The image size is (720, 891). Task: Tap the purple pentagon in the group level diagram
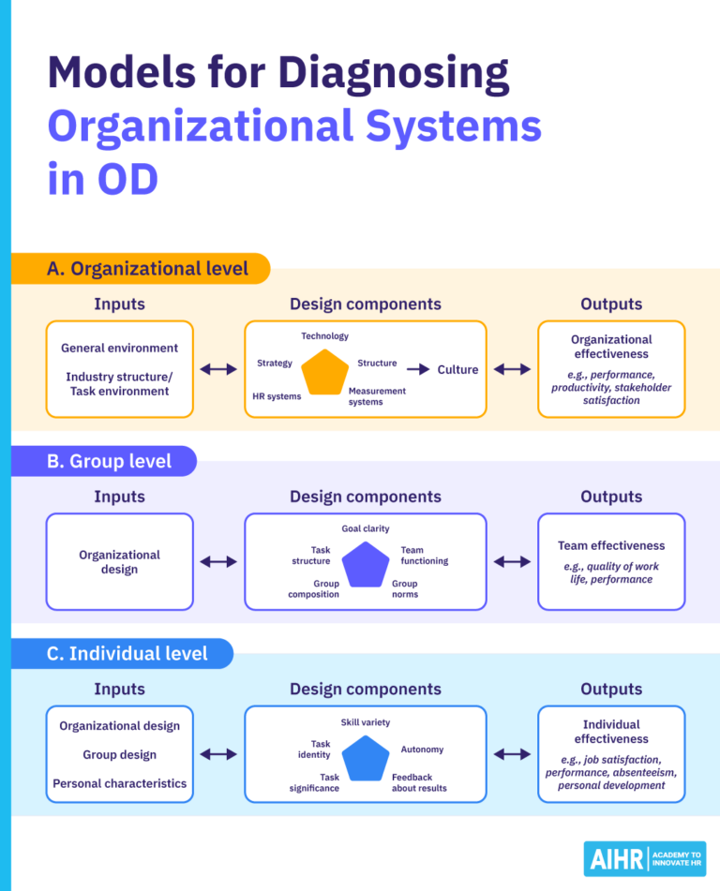365,564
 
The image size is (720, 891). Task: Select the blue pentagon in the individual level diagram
365,758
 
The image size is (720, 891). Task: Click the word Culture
457,370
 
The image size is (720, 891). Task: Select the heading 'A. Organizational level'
148,269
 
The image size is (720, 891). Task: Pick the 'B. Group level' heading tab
110,461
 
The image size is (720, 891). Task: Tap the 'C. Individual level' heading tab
127,654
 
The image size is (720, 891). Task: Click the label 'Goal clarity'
365,529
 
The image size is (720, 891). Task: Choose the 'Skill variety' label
365,722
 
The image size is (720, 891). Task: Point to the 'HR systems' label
277,396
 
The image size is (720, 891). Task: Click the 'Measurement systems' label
377,396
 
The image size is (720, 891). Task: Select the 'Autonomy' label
422,750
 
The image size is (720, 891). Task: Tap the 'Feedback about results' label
419,782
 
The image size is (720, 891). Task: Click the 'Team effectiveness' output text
610,545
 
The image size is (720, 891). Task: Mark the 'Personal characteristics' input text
119,783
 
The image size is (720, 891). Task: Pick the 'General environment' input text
119,348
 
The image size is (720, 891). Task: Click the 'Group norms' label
405,588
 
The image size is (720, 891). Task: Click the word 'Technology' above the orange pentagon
324,336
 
